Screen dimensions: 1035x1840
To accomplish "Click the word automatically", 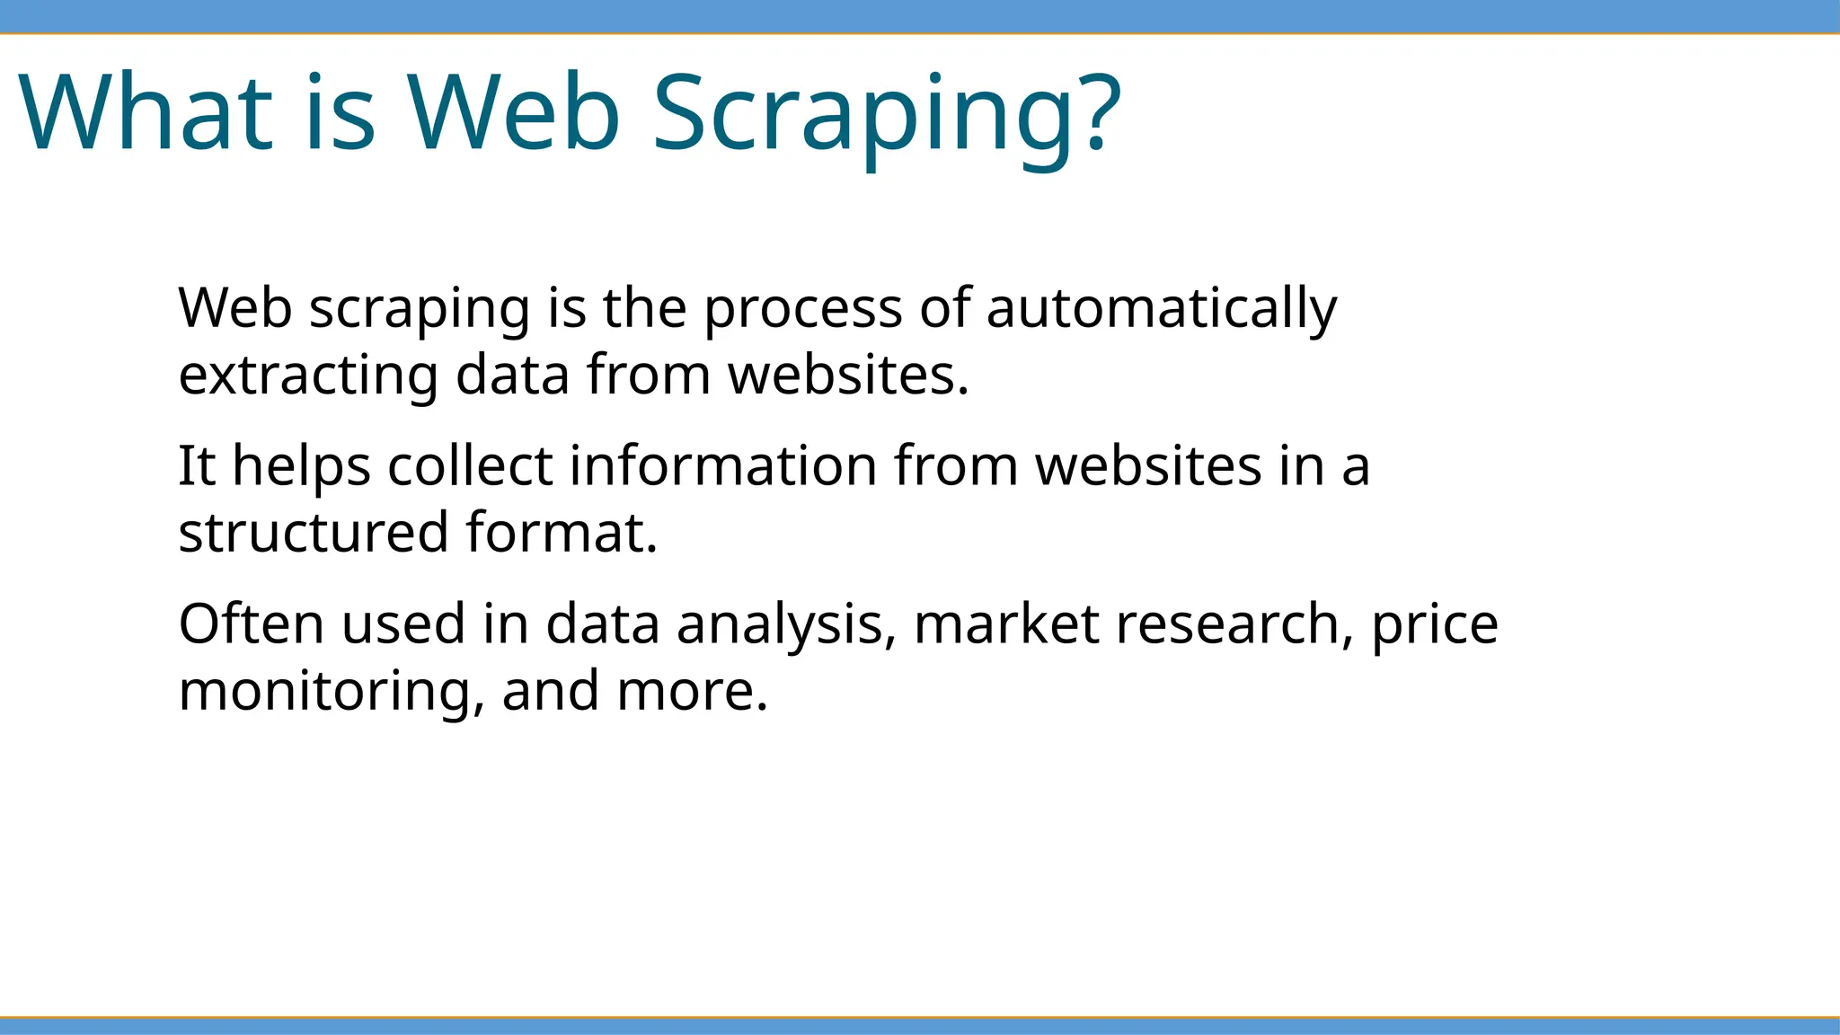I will pyautogui.click(x=1162, y=309).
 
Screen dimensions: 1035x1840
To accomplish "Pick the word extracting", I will pyautogui.click(x=308, y=376).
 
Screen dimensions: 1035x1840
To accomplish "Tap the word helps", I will pyautogui.click(x=302, y=467).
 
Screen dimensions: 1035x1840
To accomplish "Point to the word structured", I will pyautogui.click(x=313, y=533).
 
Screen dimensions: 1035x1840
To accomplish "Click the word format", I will pyautogui.click(x=562, y=532).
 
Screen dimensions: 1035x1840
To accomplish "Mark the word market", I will pyautogui.click(x=1006, y=624).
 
